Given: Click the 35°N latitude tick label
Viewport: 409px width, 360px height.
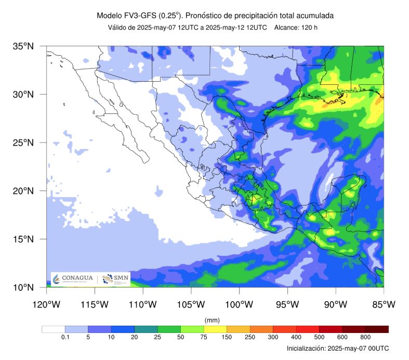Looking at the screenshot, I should (23, 46).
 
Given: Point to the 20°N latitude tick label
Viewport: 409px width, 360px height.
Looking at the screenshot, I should (23, 191).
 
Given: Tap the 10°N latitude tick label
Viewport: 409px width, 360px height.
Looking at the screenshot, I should (23, 287).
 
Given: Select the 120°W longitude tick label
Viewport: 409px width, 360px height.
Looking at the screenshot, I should (46, 304).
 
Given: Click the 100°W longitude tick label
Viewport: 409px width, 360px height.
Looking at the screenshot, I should (239, 304).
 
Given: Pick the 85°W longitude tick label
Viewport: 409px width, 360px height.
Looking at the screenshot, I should (384, 304).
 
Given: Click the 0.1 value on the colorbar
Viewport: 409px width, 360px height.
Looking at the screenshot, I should (65, 337).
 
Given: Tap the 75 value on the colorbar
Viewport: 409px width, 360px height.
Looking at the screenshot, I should (204, 337).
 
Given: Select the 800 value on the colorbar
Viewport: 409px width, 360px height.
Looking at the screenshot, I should (365, 337).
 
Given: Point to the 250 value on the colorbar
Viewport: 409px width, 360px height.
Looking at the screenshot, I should (250, 337).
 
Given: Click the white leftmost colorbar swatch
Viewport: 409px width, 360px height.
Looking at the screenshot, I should (54, 329).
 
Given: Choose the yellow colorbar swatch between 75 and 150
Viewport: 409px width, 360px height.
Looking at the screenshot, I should (215, 329).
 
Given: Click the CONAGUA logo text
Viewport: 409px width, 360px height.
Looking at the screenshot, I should (76, 278).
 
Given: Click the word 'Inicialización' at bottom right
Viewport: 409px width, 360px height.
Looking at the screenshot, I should (307, 348).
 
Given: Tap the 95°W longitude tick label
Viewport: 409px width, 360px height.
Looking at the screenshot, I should (287, 304).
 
